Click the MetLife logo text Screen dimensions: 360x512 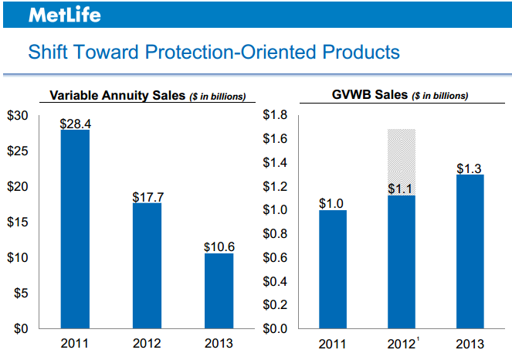(x=64, y=15)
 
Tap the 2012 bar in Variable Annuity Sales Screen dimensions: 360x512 (x=147, y=266)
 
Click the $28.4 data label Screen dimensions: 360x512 (x=76, y=123)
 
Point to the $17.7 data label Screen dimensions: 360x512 (x=147, y=196)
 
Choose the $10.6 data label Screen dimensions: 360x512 (x=219, y=246)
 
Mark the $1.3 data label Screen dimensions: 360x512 (x=470, y=168)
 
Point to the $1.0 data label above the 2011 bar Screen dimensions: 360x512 (x=333, y=203)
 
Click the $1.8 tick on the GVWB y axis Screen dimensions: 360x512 (x=276, y=116)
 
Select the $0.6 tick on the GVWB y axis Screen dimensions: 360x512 (x=276, y=258)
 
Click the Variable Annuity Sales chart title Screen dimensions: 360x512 (x=147, y=96)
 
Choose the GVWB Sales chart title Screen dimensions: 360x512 (x=399, y=96)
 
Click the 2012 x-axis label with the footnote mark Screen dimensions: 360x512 (x=402, y=344)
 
